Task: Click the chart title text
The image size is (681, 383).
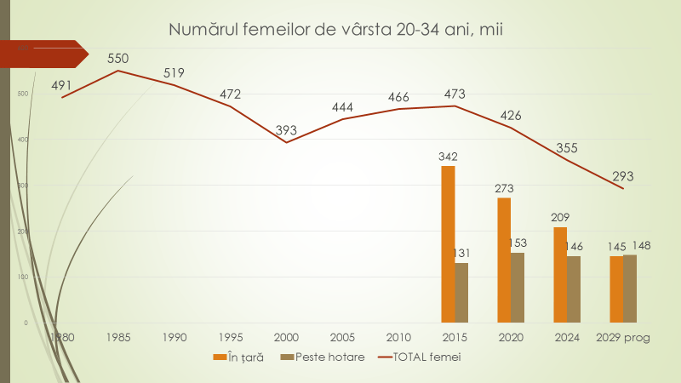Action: [x=336, y=31]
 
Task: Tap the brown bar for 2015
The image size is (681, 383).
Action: [x=461, y=293]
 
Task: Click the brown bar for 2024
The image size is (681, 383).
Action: [x=574, y=289]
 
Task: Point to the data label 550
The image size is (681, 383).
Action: [x=118, y=59]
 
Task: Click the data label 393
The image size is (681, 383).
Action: [x=287, y=130]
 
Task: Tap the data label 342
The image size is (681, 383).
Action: [x=448, y=156]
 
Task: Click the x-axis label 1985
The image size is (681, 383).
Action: [x=118, y=337]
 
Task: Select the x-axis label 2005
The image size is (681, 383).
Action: [x=342, y=337]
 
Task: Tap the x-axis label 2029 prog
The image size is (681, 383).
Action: [x=623, y=337]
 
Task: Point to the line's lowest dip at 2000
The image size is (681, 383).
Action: [x=287, y=142]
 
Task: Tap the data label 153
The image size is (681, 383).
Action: [x=517, y=243]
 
